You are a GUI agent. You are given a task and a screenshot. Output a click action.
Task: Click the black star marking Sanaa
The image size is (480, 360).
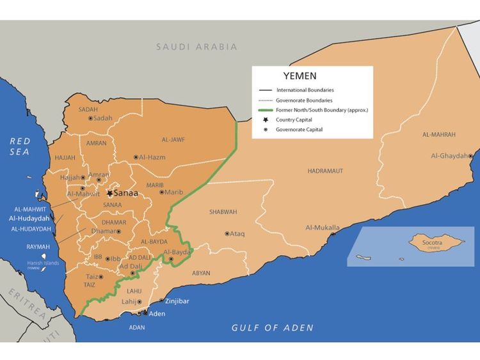[110, 192]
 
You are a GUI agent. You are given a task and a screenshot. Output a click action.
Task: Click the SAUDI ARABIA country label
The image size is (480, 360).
[196, 47]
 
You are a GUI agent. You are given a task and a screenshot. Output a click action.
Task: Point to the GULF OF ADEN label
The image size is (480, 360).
[272, 327]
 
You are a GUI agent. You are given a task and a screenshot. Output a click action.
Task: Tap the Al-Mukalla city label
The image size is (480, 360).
[323, 228]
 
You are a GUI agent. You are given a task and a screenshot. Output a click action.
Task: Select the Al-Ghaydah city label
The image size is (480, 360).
[449, 155]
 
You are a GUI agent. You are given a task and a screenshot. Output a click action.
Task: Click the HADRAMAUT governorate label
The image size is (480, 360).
[325, 171]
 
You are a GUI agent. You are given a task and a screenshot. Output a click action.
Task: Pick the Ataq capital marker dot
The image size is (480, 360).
[227, 233]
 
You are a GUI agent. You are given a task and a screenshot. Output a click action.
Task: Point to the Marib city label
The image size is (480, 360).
[173, 192]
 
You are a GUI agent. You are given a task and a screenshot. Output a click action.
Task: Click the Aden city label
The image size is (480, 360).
[157, 313]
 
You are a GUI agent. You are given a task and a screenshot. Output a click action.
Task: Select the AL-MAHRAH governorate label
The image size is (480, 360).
[439, 135]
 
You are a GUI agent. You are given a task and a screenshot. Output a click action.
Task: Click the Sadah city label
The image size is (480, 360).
[102, 118]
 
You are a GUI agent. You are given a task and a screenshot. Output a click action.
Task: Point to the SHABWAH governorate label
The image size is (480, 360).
[223, 212]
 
